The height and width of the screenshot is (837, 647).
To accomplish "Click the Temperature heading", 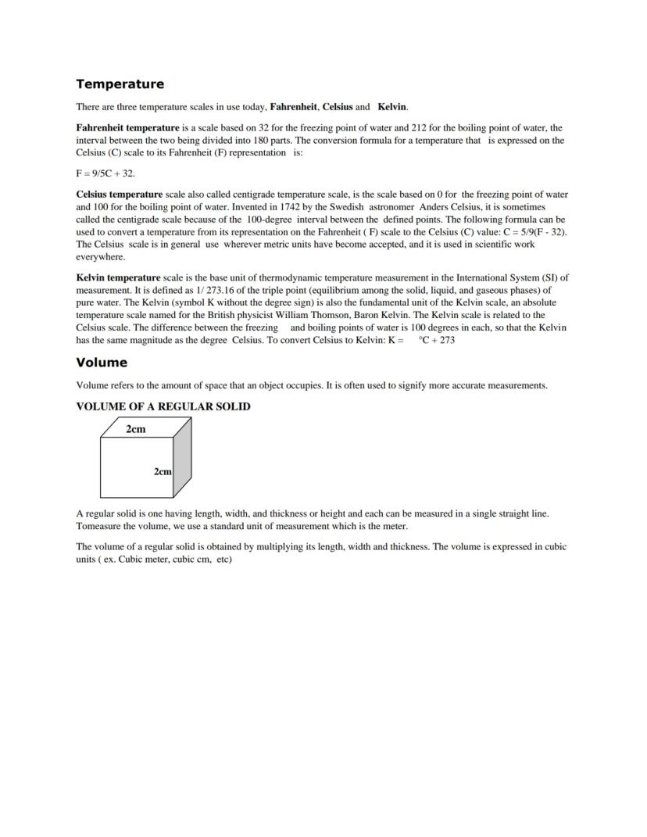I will pyautogui.click(x=120, y=84).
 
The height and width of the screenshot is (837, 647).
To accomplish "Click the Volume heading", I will pyautogui.click(x=102, y=363).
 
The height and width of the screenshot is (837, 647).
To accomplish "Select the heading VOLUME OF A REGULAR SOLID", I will pyautogui.click(x=163, y=407).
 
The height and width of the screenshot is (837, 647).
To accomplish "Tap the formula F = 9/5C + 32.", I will pyautogui.click(x=99, y=173).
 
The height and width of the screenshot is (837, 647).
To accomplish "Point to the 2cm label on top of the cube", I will pyautogui.click(x=136, y=428).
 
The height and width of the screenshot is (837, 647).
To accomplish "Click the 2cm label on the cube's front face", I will pyautogui.click(x=163, y=471).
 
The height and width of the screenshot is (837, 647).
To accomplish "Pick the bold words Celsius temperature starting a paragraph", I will pyautogui.click(x=120, y=195).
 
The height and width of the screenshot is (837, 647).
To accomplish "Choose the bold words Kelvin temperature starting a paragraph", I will pyautogui.click(x=118, y=277).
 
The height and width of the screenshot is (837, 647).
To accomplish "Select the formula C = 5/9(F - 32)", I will pyautogui.click(x=531, y=232).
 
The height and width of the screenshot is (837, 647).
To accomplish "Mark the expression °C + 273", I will pyautogui.click(x=438, y=340).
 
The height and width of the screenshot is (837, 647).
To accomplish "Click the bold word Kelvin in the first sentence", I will pyautogui.click(x=392, y=107).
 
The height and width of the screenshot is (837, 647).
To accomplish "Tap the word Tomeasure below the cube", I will pyautogui.click(x=99, y=527).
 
